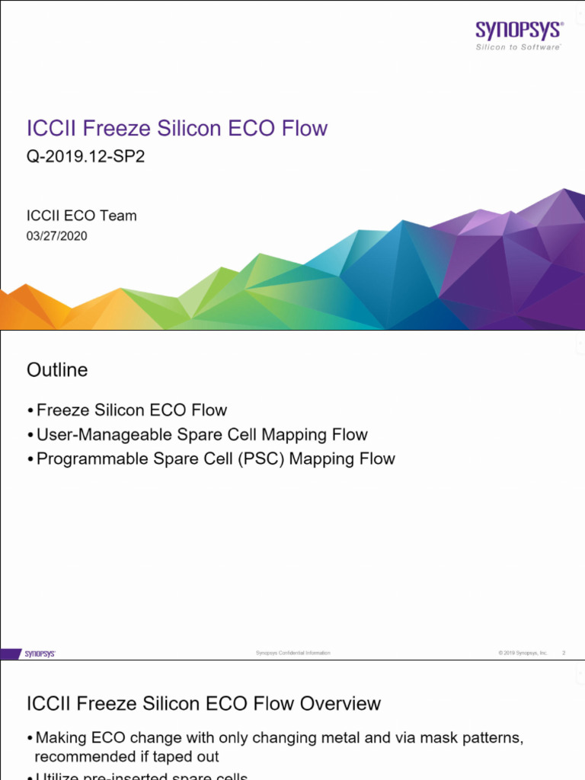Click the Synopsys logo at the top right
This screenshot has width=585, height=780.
(519, 31)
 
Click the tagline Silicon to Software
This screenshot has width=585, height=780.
(519, 47)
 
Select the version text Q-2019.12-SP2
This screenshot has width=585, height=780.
(85, 157)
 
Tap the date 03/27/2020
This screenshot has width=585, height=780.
(57, 236)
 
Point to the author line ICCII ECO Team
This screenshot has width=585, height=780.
(82, 216)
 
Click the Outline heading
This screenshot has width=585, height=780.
(57, 370)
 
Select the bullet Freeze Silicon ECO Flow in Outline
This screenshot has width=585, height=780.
(131, 411)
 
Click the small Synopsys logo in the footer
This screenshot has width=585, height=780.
(40, 654)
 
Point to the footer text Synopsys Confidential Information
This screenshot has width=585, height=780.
(293, 654)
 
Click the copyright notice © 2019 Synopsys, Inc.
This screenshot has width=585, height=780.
(523, 654)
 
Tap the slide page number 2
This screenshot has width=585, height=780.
(564, 654)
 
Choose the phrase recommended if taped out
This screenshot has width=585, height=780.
(126, 757)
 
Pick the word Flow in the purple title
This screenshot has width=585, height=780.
(304, 128)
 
